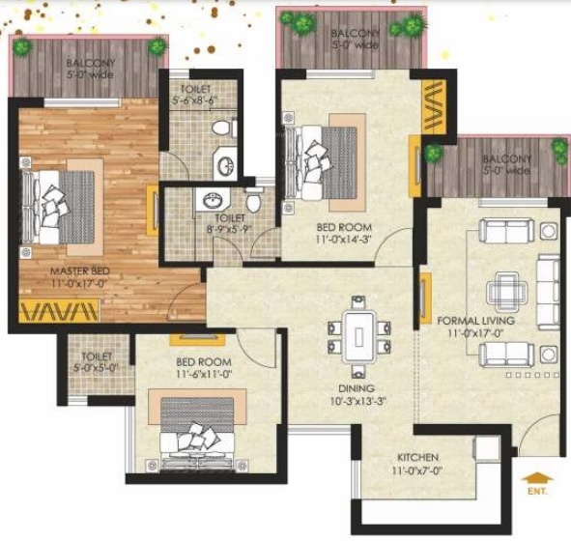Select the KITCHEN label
tap(417, 457)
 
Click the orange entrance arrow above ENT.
tap(533, 477)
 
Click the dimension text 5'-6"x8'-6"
tap(196, 100)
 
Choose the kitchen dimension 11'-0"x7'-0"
tap(417, 470)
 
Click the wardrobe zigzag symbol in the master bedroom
tap(58, 312)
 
